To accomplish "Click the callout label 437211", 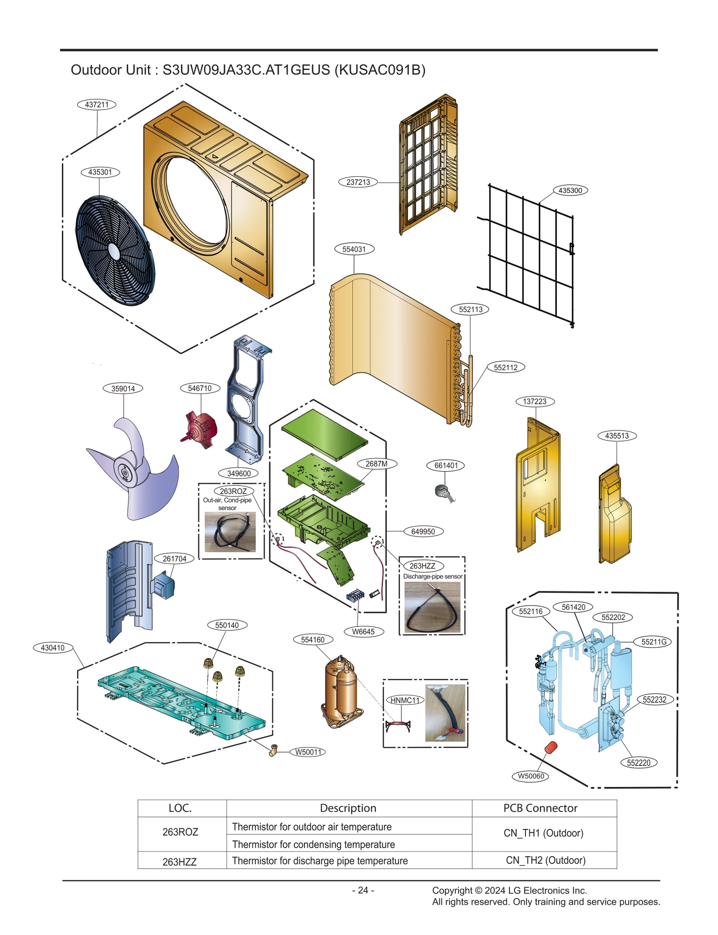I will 96,105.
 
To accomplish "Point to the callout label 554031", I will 354,249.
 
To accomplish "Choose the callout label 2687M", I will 377,463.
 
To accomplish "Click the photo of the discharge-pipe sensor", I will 432,607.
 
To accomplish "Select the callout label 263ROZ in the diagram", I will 233,491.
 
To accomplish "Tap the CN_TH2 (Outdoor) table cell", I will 545,860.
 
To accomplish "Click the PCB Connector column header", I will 540,808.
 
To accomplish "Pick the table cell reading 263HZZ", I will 179,861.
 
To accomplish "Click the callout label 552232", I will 654,699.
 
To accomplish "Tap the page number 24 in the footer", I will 363,890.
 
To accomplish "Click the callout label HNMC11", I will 405,700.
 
